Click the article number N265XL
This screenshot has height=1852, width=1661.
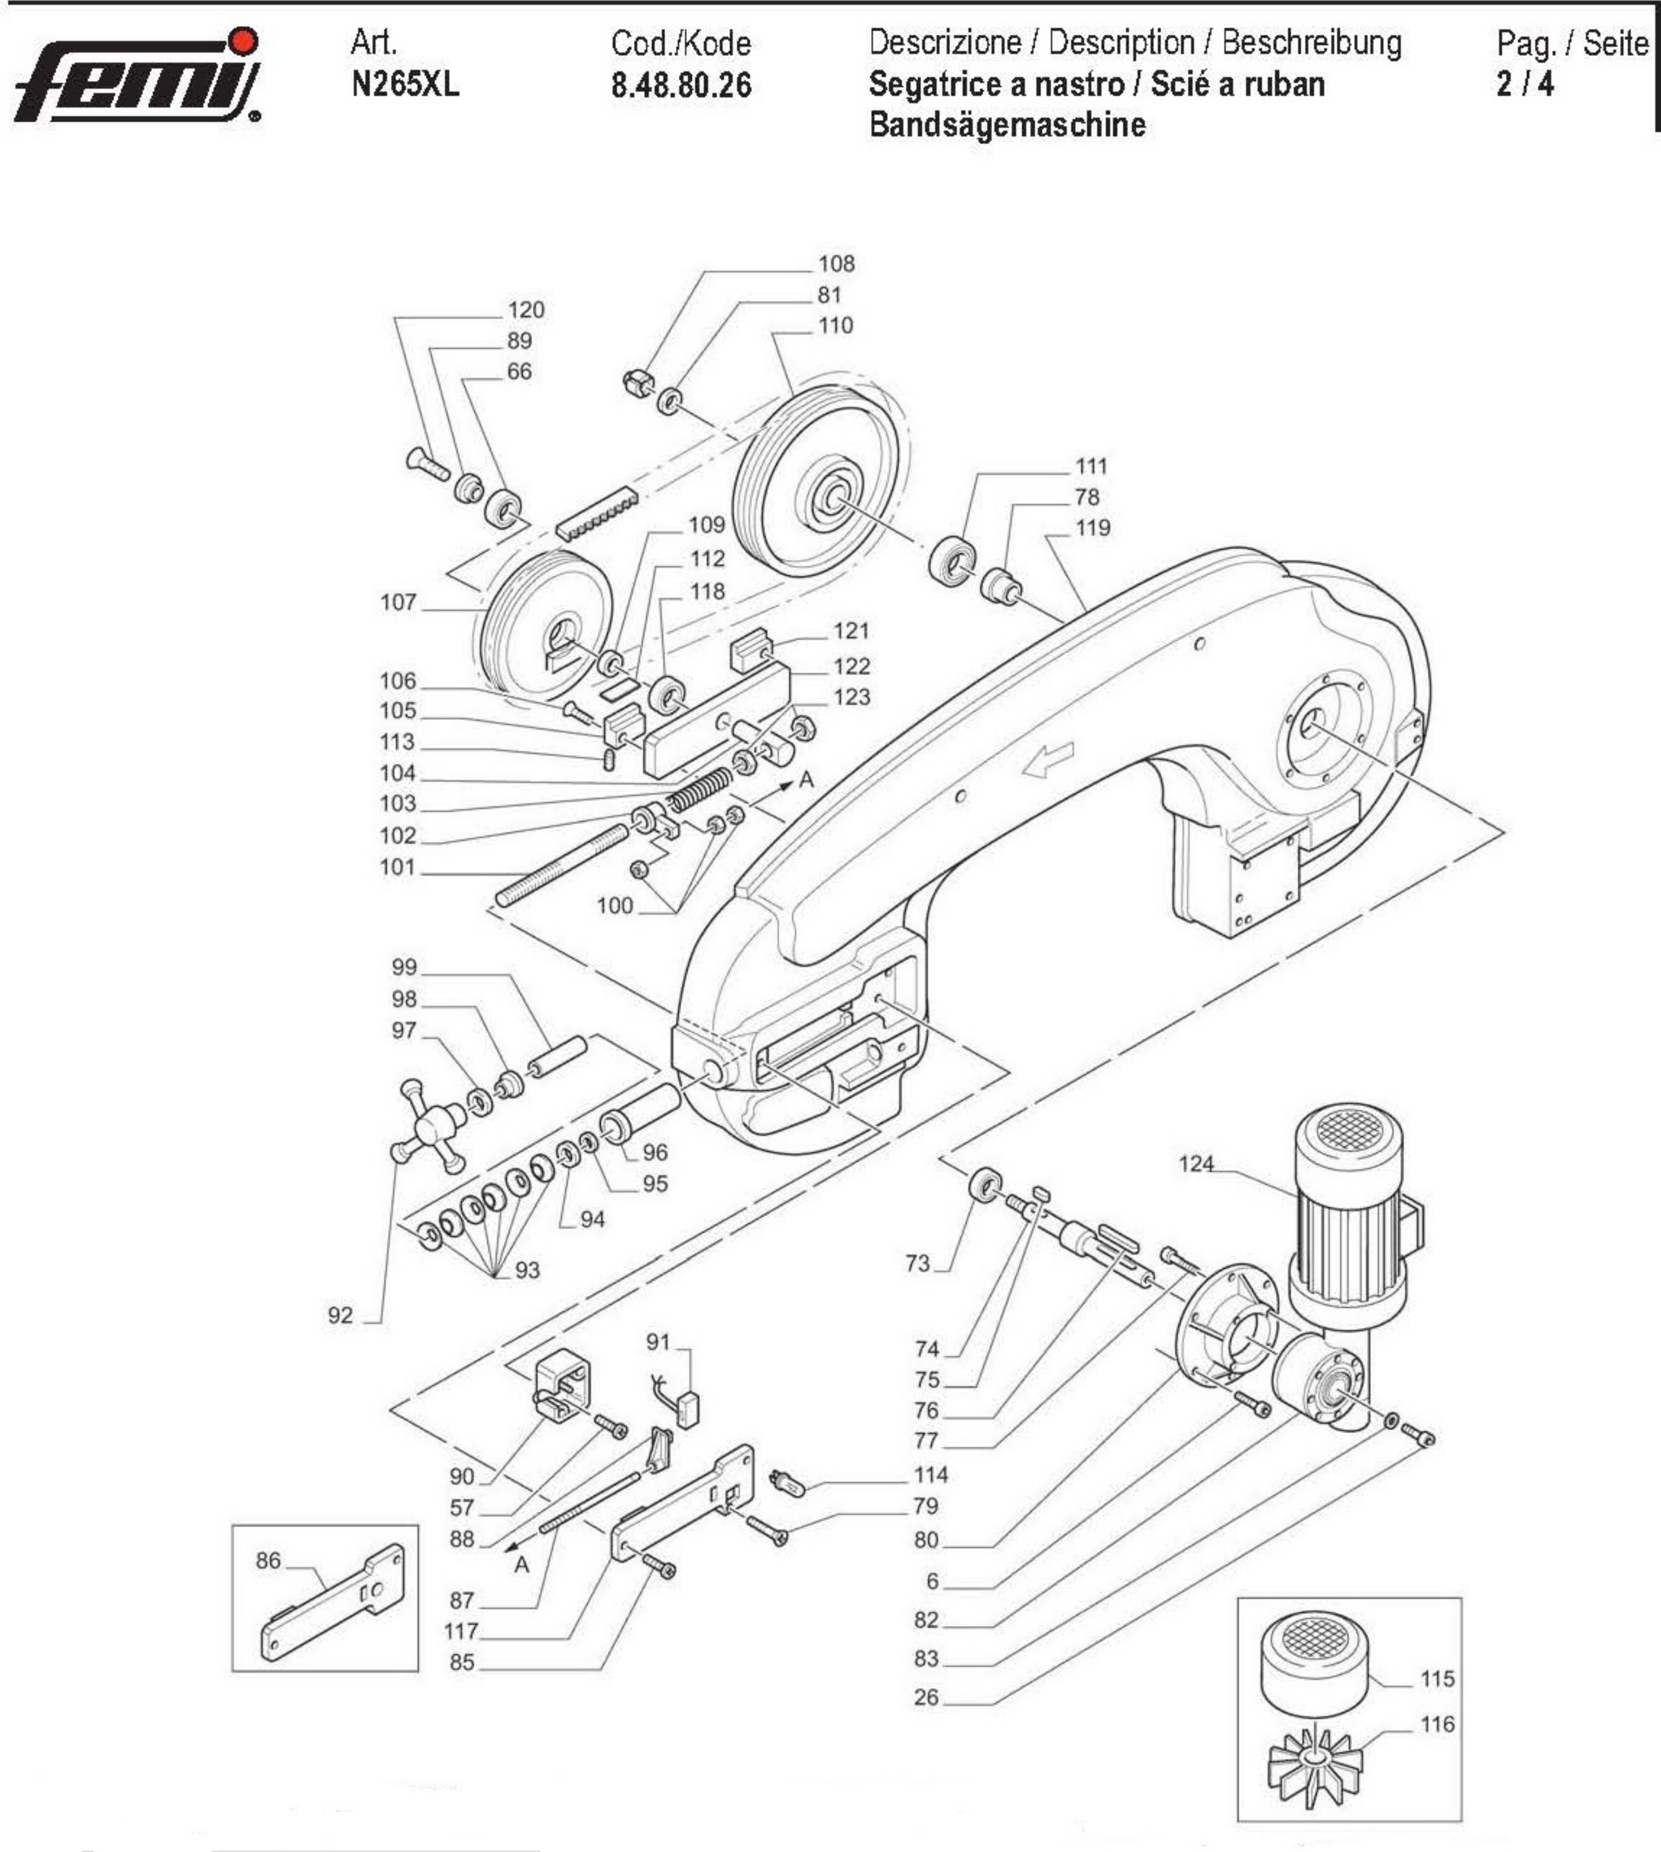click(404, 85)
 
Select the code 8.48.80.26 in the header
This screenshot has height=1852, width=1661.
click(681, 86)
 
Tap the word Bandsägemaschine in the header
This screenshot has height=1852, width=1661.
click(1007, 124)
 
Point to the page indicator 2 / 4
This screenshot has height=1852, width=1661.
click(1524, 84)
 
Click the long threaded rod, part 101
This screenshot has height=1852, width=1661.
click(561, 865)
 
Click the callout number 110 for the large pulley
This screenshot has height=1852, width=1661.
click(835, 326)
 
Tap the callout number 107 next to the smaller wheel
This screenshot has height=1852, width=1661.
click(398, 602)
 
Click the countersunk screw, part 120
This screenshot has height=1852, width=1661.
click(428, 465)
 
